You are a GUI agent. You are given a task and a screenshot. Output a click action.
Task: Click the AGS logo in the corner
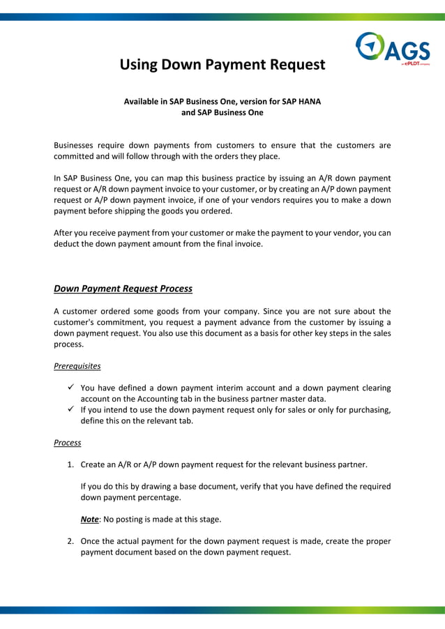[x=392, y=48]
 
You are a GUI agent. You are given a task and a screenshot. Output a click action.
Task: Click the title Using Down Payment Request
[x=222, y=65]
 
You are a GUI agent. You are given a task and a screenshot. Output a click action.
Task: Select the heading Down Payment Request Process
[x=123, y=289]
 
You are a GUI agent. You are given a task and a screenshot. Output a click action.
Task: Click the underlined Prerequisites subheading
[x=77, y=365]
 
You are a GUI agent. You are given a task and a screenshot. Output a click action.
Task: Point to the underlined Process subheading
[x=68, y=443]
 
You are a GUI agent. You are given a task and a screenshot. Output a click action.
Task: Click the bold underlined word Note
[x=89, y=520]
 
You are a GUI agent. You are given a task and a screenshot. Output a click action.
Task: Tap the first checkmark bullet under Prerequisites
[x=71, y=388]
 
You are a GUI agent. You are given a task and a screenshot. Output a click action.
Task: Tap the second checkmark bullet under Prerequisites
[x=71, y=410]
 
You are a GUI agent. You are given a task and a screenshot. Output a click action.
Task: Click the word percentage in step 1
[x=165, y=497]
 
